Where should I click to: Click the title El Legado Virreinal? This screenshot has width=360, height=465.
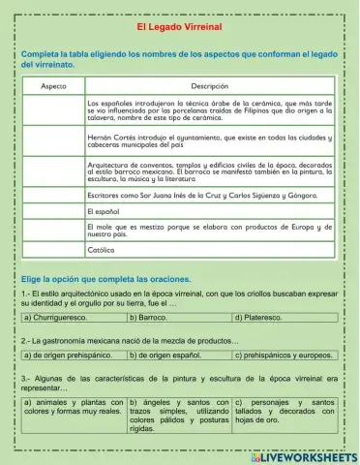tap(179, 29)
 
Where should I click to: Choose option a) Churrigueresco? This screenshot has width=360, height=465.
tap(73, 317)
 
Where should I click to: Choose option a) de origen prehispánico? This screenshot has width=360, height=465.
tap(73, 356)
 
